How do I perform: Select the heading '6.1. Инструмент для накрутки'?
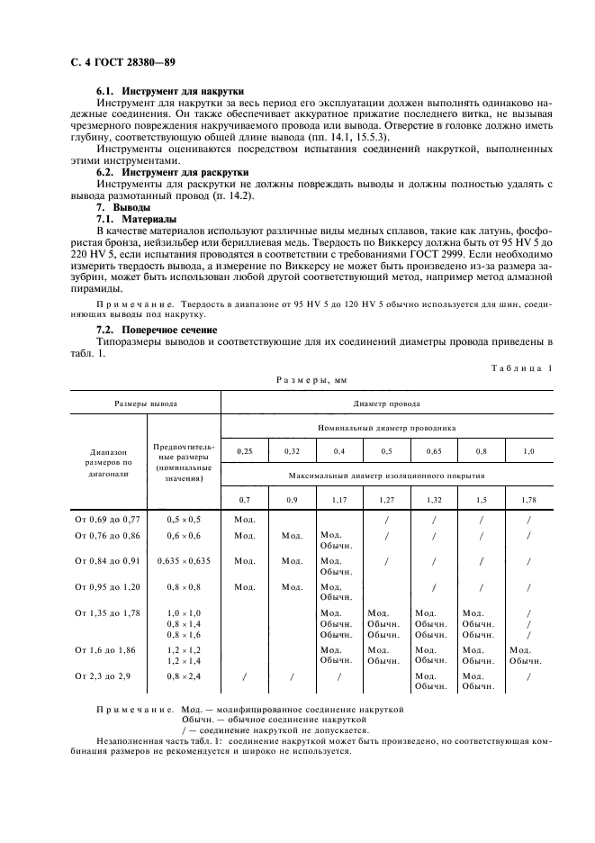click(170, 93)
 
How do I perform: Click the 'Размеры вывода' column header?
click(145, 404)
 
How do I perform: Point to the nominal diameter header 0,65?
click(433, 450)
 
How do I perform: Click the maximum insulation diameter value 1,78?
click(527, 498)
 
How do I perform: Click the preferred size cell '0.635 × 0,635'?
click(183, 560)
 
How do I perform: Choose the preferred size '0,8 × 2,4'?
click(183, 675)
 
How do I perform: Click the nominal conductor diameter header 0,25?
click(244, 450)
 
